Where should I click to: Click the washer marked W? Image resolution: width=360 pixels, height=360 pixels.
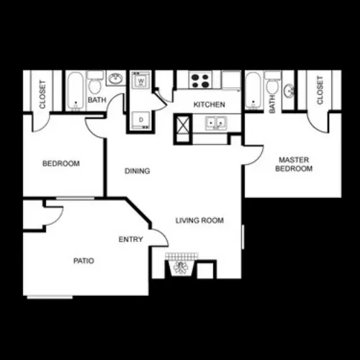point(141,80)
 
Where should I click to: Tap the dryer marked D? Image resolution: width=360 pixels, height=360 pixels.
point(141,120)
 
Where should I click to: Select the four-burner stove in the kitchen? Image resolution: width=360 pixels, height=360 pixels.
point(200,80)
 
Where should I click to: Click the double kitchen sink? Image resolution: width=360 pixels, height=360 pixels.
point(216,123)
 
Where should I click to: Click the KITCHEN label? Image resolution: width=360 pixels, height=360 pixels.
point(210,104)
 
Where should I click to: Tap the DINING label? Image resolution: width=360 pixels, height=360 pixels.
point(138,171)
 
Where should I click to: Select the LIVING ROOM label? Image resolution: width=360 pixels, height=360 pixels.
point(199,220)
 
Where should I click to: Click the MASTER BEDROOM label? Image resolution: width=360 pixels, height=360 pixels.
point(294,164)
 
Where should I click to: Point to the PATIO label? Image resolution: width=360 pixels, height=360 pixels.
point(84,261)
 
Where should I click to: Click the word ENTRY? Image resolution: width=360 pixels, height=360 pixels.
point(131,239)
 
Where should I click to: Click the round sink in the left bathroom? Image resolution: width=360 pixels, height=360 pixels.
point(116,78)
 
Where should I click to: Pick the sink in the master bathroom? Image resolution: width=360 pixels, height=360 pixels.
point(288,91)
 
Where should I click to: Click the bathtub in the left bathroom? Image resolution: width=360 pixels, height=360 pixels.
point(76,91)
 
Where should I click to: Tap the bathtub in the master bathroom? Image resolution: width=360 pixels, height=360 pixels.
point(253,91)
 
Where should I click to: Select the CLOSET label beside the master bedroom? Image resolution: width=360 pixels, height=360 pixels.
point(320,90)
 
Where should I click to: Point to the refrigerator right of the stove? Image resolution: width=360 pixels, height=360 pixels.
point(231,81)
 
